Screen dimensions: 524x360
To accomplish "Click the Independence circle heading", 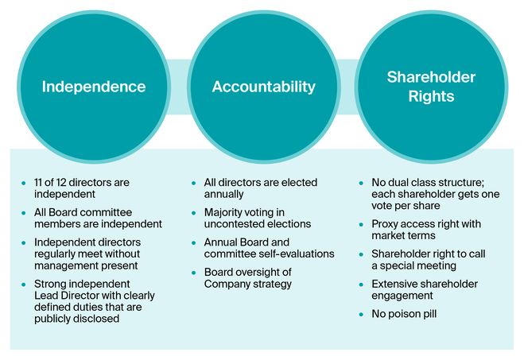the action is point(94,87).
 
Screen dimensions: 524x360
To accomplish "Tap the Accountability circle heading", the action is point(264,87).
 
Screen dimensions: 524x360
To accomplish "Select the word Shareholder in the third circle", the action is point(431,77).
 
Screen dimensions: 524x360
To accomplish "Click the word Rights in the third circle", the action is point(431,96).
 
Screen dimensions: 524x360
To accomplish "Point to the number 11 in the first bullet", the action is point(37,182).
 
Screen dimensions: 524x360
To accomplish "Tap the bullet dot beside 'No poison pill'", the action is point(361,314).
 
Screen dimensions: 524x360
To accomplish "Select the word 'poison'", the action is point(403,314).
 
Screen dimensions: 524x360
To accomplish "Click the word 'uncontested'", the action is point(231,224).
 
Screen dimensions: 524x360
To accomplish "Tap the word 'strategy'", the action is point(274,285).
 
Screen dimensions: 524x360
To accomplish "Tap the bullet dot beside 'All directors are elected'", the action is point(193,183).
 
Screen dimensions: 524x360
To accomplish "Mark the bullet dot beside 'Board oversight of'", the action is point(193,273).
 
